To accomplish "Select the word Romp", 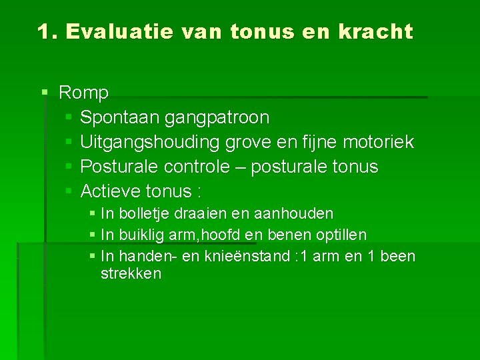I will coord(83,93).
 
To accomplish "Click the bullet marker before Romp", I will coord(44,93).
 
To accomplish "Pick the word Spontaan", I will coord(116,118).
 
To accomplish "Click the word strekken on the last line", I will coord(131,274).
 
